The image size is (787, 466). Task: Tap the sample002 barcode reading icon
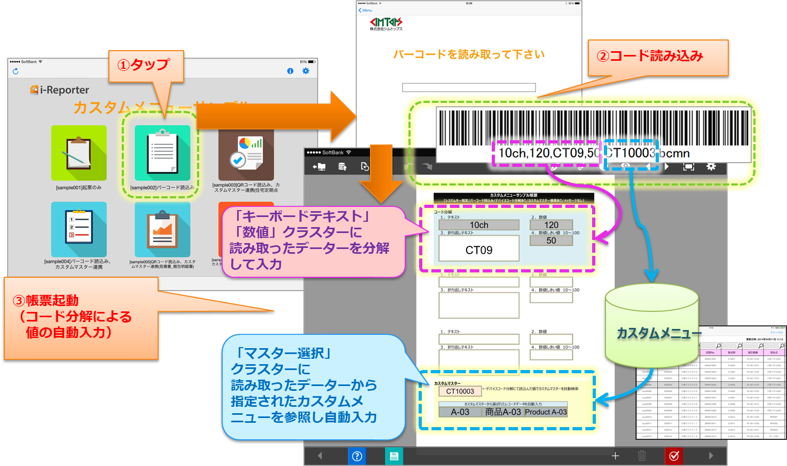click(162, 154)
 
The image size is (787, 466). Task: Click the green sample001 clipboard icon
click(78, 153)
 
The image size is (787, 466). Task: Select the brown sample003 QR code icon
click(246, 155)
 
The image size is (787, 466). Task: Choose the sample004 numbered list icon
click(78, 229)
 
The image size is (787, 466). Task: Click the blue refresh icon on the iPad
click(15, 71)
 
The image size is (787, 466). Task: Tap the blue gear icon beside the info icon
click(305, 71)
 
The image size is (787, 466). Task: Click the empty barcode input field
click(468, 87)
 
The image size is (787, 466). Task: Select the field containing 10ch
click(479, 225)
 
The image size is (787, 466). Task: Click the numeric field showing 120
click(551, 225)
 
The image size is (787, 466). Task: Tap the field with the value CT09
click(479, 250)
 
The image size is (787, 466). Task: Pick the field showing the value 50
click(551, 240)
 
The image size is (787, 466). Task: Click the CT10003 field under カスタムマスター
click(460, 391)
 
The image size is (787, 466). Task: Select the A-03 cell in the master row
click(460, 412)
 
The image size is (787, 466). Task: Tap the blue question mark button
click(357, 456)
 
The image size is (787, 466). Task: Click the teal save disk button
click(394, 456)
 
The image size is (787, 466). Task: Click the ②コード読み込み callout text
click(650, 57)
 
